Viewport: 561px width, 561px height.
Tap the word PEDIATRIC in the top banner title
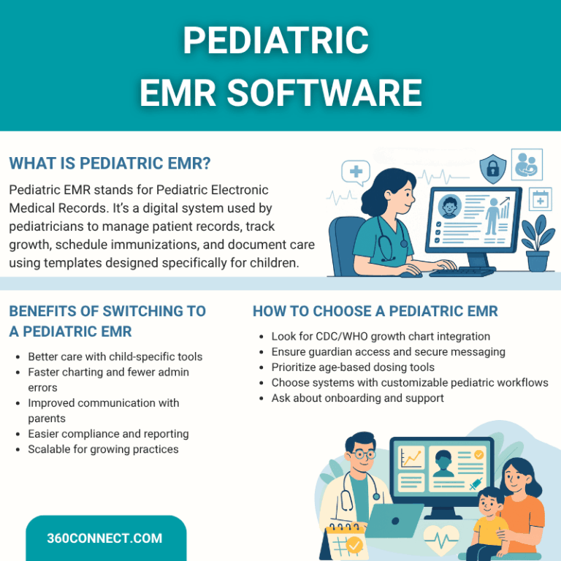pyautogui.click(x=275, y=41)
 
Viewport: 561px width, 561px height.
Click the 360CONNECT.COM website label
pyautogui.click(x=104, y=539)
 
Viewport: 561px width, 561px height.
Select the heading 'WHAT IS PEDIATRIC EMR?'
pyautogui.click(x=110, y=162)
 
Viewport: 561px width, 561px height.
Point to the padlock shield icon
pyautogui.click(x=493, y=168)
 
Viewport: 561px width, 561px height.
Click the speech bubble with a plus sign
pyautogui.click(x=356, y=173)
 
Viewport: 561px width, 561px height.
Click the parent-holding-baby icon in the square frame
pyautogui.click(x=527, y=164)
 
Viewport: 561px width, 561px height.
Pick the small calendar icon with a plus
pyautogui.click(x=541, y=199)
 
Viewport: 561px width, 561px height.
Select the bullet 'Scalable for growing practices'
pyautogui.click(x=103, y=449)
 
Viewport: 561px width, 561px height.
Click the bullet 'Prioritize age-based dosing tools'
pyautogui.click(x=353, y=367)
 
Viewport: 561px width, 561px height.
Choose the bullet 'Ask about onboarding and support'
pyautogui.click(x=357, y=398)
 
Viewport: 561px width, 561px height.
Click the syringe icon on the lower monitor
pyautogui.click(x=475, y=484)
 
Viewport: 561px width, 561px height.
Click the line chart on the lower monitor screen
pyautogui.click(x=412, y=459)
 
